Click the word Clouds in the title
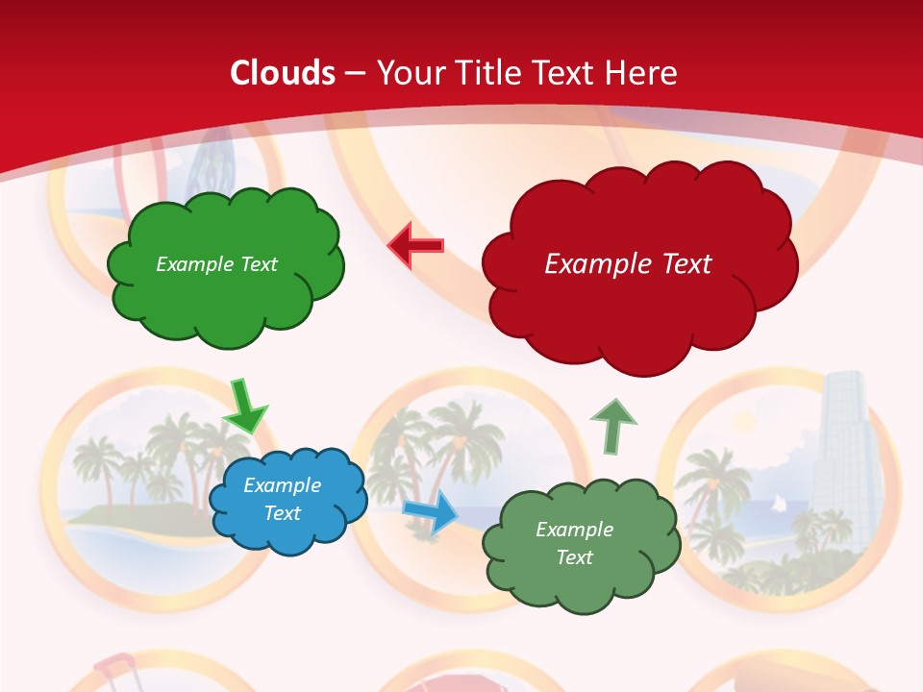pos(283,73)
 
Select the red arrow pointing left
pos(415,246)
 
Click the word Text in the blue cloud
pos(282,513)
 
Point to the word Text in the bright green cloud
pos(259,264)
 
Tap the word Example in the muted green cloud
pos(574,530)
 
